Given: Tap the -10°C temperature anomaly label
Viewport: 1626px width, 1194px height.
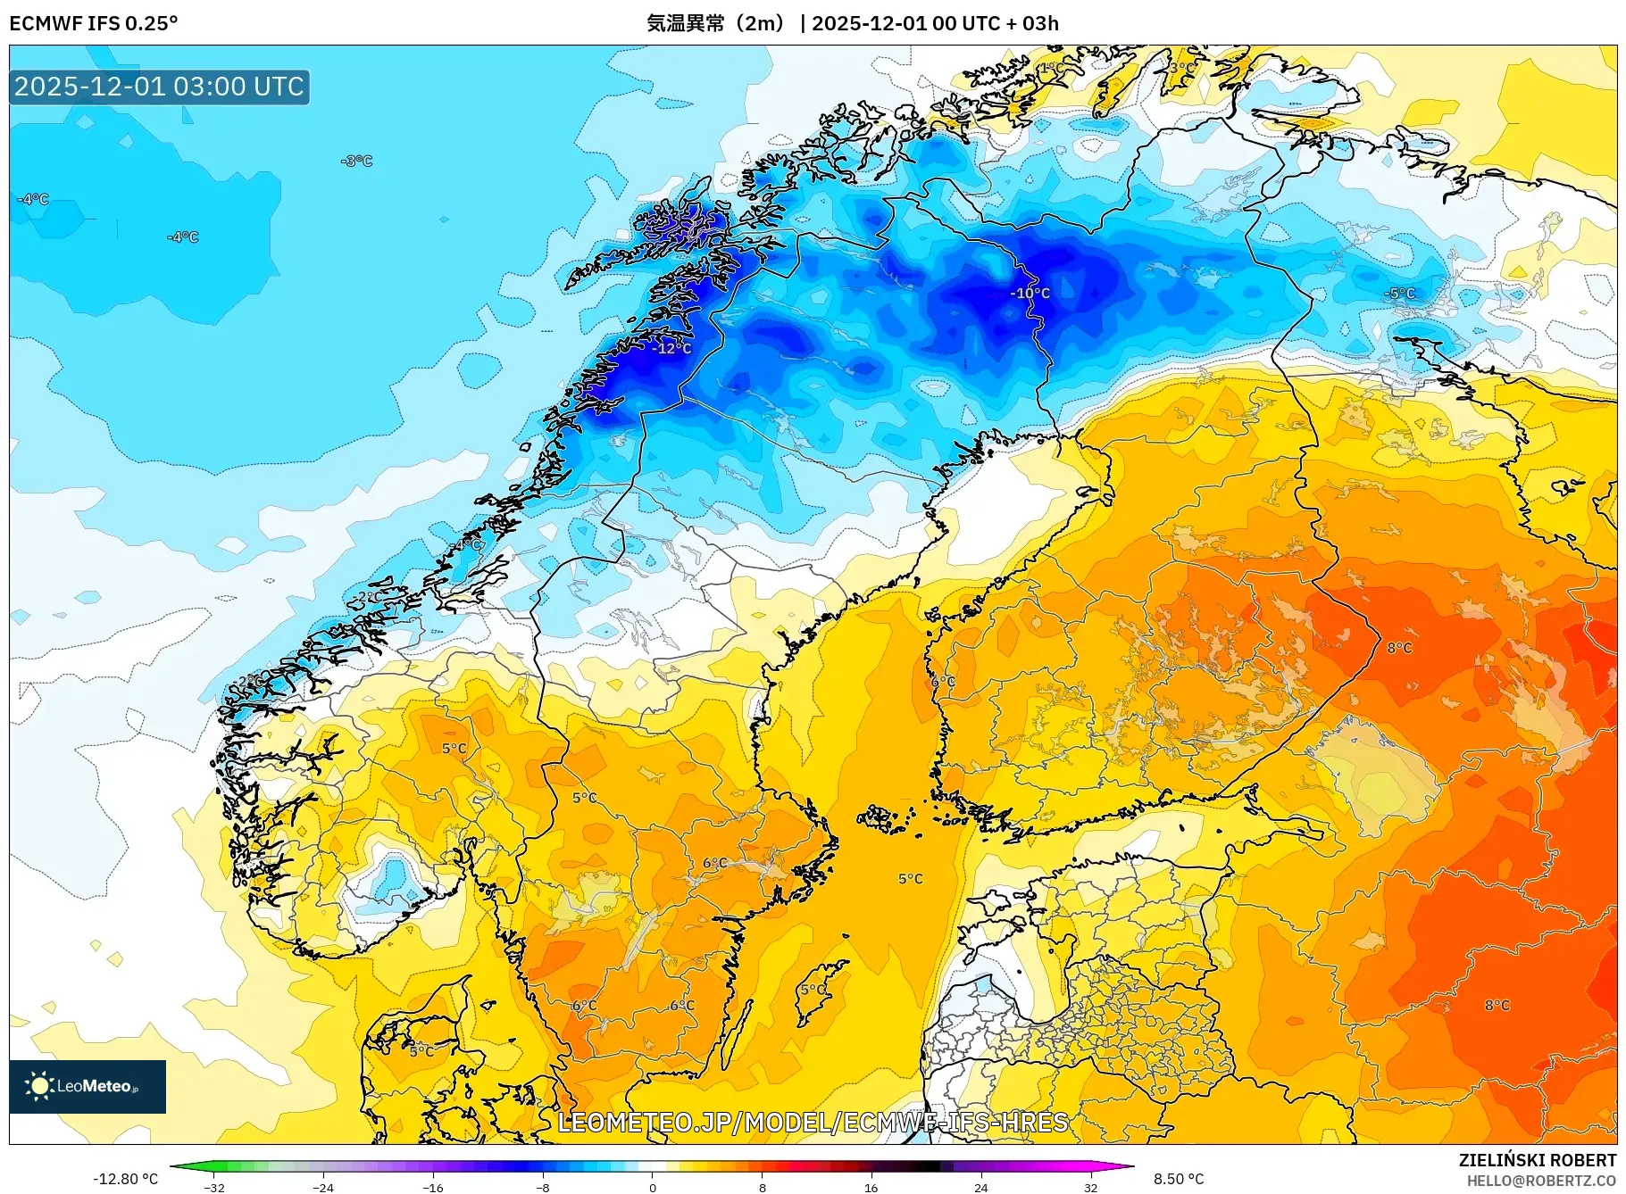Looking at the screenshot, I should tap(1030, 293).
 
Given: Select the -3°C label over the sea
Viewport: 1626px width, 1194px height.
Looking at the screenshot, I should tap(356, 161).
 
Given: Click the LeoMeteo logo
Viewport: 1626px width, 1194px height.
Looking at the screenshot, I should tap(87, 1086).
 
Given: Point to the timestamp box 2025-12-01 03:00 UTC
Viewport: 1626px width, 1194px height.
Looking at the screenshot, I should tap(160, 87).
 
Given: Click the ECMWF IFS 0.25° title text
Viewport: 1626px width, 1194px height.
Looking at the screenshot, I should tap(93, 23).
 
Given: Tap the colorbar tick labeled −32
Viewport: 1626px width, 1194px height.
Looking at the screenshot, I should tap(213, 1188).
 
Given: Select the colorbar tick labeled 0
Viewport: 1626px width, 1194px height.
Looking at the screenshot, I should tap(652, 1188).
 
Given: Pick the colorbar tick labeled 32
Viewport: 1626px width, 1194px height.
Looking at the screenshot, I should tap(1090, 1188).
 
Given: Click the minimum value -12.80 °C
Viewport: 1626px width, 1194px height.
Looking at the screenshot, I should tap(125, 1179).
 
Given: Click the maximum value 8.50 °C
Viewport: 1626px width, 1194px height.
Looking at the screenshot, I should tap(1179, 1179).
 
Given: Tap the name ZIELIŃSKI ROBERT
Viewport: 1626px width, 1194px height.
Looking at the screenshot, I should tap(1537, 1160).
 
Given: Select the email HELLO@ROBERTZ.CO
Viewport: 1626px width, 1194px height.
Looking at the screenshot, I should tap(1541, 1181).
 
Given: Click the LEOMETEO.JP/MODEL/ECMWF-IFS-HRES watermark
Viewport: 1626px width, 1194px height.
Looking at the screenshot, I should tap(813, 1122).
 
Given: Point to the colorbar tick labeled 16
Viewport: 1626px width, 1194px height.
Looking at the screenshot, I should tap(871, 1188).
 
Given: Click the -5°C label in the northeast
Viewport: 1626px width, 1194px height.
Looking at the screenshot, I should tap(1399, 293).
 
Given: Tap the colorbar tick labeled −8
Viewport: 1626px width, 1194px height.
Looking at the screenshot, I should tap(542, 1188).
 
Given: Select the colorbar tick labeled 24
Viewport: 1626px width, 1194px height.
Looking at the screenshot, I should tap(980, 1188).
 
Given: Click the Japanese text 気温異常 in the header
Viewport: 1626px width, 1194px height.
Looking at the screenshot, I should tap(686, 23).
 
